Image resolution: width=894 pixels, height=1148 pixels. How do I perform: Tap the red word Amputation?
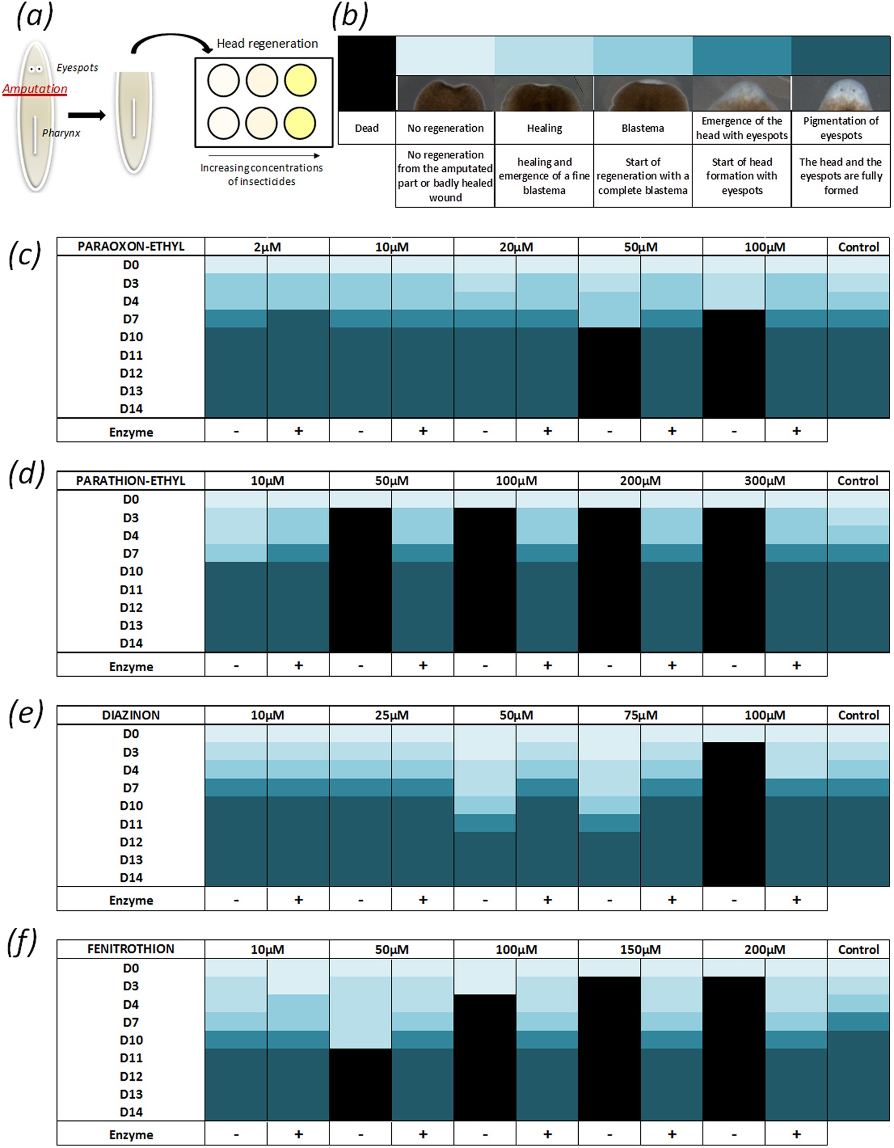tap(35, 89)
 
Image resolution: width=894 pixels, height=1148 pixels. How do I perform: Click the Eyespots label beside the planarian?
tap(77, 68)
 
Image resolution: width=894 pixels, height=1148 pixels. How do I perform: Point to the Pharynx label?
tap(61, 133)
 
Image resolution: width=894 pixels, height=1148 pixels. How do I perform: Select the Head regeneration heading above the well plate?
tap(267, 43)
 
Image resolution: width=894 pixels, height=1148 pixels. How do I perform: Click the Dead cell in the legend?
tap(367, 128)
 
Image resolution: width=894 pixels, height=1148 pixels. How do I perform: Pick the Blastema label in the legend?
tap(643, 128)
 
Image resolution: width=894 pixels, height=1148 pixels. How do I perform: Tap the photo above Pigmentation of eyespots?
tap(840, 93)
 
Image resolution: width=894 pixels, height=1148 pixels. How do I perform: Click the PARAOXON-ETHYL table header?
tap(131, 247)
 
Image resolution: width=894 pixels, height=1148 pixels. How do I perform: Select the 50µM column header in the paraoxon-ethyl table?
tap(640, 247)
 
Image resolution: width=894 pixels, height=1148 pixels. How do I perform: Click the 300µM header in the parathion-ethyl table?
tap(765, 481)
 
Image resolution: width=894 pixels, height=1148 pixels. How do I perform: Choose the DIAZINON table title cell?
tap(131, 715)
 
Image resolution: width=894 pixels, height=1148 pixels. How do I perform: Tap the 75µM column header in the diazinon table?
tap(640, 715)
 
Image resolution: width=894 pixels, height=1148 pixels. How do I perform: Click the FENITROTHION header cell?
tap(131, 949)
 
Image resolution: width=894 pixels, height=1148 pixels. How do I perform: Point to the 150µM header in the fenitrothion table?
tap(640, 950)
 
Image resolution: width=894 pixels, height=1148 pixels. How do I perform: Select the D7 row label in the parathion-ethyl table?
tap(131, 554)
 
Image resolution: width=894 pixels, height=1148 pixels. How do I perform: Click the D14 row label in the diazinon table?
tap(131, 878)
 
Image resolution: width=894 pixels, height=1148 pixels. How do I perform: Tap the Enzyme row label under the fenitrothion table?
tap(131, 1135)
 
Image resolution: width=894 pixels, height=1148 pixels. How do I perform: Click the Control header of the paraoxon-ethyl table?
tap(858, 247)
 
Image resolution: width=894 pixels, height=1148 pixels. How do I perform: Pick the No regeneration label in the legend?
tap(445, 128)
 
